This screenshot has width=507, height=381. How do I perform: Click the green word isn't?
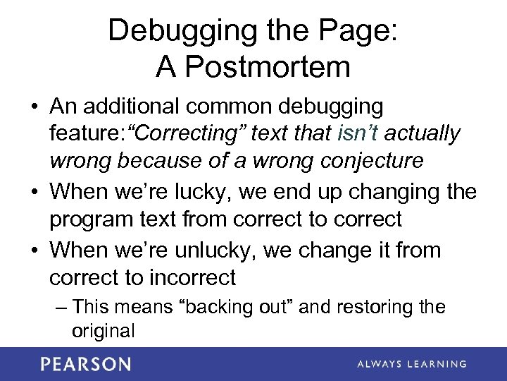[361, 133]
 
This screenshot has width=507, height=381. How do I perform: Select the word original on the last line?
[103, 330]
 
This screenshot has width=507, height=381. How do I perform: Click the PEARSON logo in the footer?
[85, 364]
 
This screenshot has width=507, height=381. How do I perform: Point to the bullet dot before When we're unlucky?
[35, 251]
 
